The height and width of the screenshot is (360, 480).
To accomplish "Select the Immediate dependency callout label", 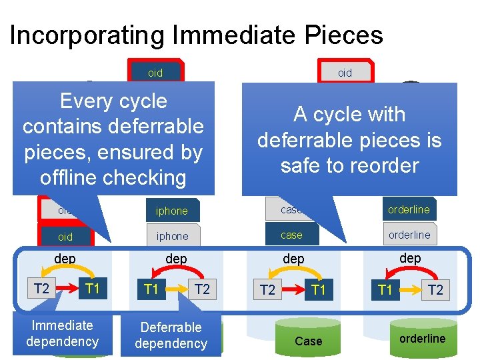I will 62,333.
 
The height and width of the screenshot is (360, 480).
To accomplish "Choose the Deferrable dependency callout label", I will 171,335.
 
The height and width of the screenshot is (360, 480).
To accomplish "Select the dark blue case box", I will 291,235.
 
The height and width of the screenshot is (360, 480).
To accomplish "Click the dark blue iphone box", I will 172,236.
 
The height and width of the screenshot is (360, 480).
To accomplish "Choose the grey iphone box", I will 172,211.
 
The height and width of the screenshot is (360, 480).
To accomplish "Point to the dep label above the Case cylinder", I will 293,258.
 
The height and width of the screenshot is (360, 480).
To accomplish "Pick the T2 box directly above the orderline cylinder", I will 435,289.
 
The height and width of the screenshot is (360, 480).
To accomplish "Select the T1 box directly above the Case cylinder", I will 319,289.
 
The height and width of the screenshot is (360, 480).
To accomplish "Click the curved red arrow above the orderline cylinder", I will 409,273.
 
